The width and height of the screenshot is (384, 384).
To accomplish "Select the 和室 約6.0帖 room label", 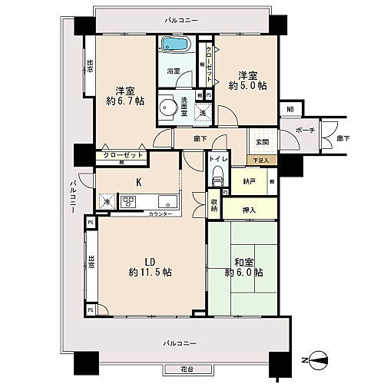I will (244, 266).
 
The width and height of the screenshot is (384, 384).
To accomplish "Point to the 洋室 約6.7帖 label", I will (121, 94).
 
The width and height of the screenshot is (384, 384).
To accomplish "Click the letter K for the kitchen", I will (138, 182).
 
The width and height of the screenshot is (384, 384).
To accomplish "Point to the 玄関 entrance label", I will (263, 142).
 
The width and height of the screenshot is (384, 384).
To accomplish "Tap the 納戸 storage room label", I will (249, 182).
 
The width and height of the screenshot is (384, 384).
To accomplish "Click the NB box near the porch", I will (289, 109).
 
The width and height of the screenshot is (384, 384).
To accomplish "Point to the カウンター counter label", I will (160, 213).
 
